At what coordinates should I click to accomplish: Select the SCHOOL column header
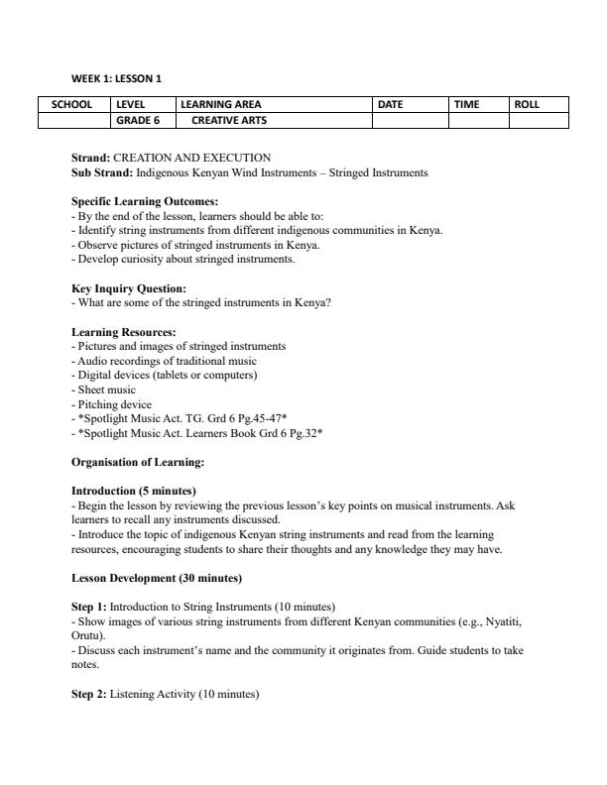pyautogui.click(x=71, y=104)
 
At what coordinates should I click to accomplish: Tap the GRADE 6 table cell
pyautogui.click(x=139, y=121)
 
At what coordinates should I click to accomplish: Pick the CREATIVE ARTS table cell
pyautogui.click(x=229, y=121)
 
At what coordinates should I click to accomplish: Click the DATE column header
pyautogui.click(x=392, y=104)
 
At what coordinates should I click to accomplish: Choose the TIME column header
pyautogui.click(x=467, y=104)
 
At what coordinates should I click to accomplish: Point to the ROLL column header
pyautogui.click(x=527, y=104)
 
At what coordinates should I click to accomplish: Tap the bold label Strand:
pyautogui.click(x=91, y=158)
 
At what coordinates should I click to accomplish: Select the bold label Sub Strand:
pyautogui.click(x=102, y=172)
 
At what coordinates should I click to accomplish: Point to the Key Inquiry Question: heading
pyautogui.click(x=129, y=288)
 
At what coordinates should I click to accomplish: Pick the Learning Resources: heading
pyautogui.click(x=124, y=332)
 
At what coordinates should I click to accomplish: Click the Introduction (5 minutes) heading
pyautogui.click(x=134, y=491)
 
